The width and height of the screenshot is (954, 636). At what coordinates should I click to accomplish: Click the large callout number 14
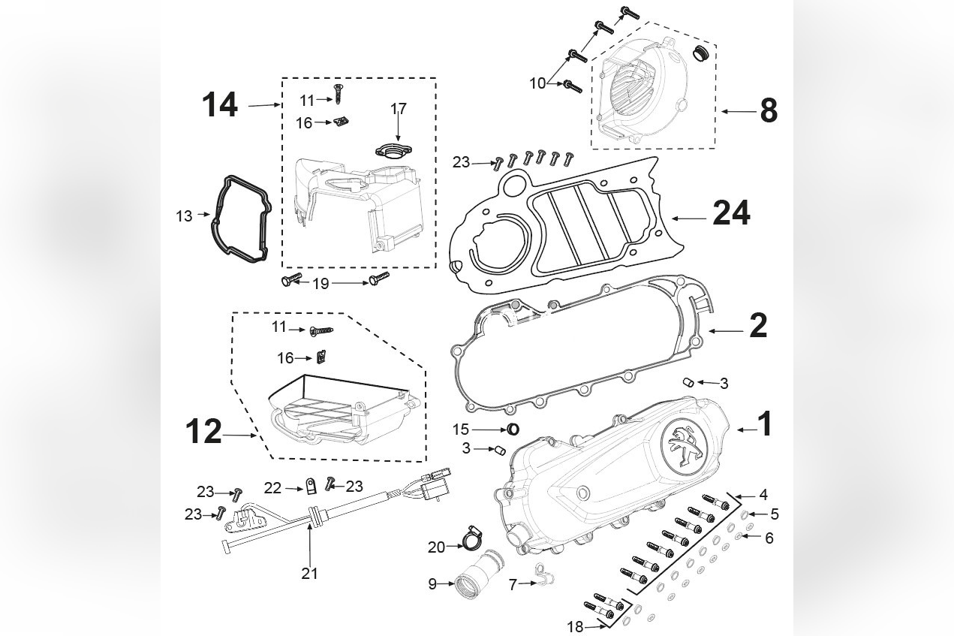click(219, 106)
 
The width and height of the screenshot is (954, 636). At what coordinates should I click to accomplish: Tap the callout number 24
click(730, 214)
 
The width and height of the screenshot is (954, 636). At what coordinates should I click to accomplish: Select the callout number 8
click(768, 111)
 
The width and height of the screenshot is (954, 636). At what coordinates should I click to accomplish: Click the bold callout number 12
click(203, 433)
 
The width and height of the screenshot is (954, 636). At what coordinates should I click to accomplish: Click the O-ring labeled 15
click(513, 429)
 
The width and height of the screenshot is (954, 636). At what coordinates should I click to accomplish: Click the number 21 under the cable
click(310, 574)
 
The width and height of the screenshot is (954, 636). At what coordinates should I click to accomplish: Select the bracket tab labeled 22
click(309, 489)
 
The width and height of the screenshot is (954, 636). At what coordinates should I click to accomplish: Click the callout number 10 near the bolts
click(537, 83)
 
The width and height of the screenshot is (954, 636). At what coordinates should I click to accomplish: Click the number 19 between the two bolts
click(321, 283)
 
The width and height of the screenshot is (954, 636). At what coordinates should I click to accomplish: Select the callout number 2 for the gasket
click(758, 326)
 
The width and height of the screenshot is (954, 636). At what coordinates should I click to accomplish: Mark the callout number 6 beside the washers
click(769, 538)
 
